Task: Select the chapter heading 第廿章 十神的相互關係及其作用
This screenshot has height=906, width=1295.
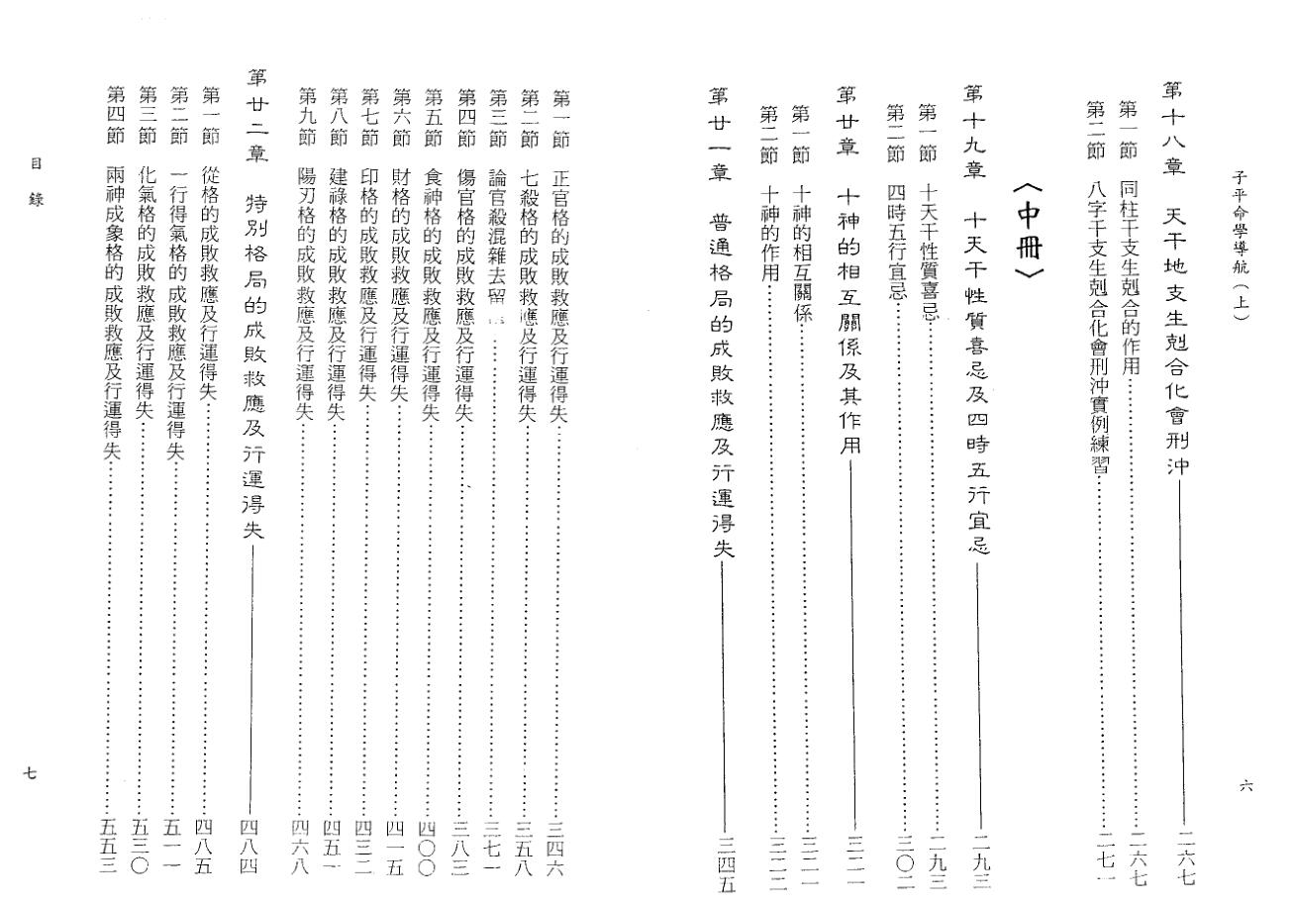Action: pyautogui.click(x=849, y=267)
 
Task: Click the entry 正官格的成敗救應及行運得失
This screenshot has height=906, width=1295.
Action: pyautogui.click(x=558, y=257)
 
